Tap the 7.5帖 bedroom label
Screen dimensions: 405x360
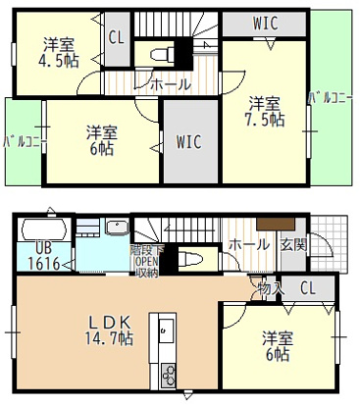(266, 111)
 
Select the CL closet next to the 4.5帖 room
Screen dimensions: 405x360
(116, 38)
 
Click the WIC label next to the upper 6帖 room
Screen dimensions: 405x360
(189, 142)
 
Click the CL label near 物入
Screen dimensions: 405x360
(308, 288)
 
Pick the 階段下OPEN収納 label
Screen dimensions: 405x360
(145, 260)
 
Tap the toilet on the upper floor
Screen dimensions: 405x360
(164, 51)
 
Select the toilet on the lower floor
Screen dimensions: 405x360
(193, 260)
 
